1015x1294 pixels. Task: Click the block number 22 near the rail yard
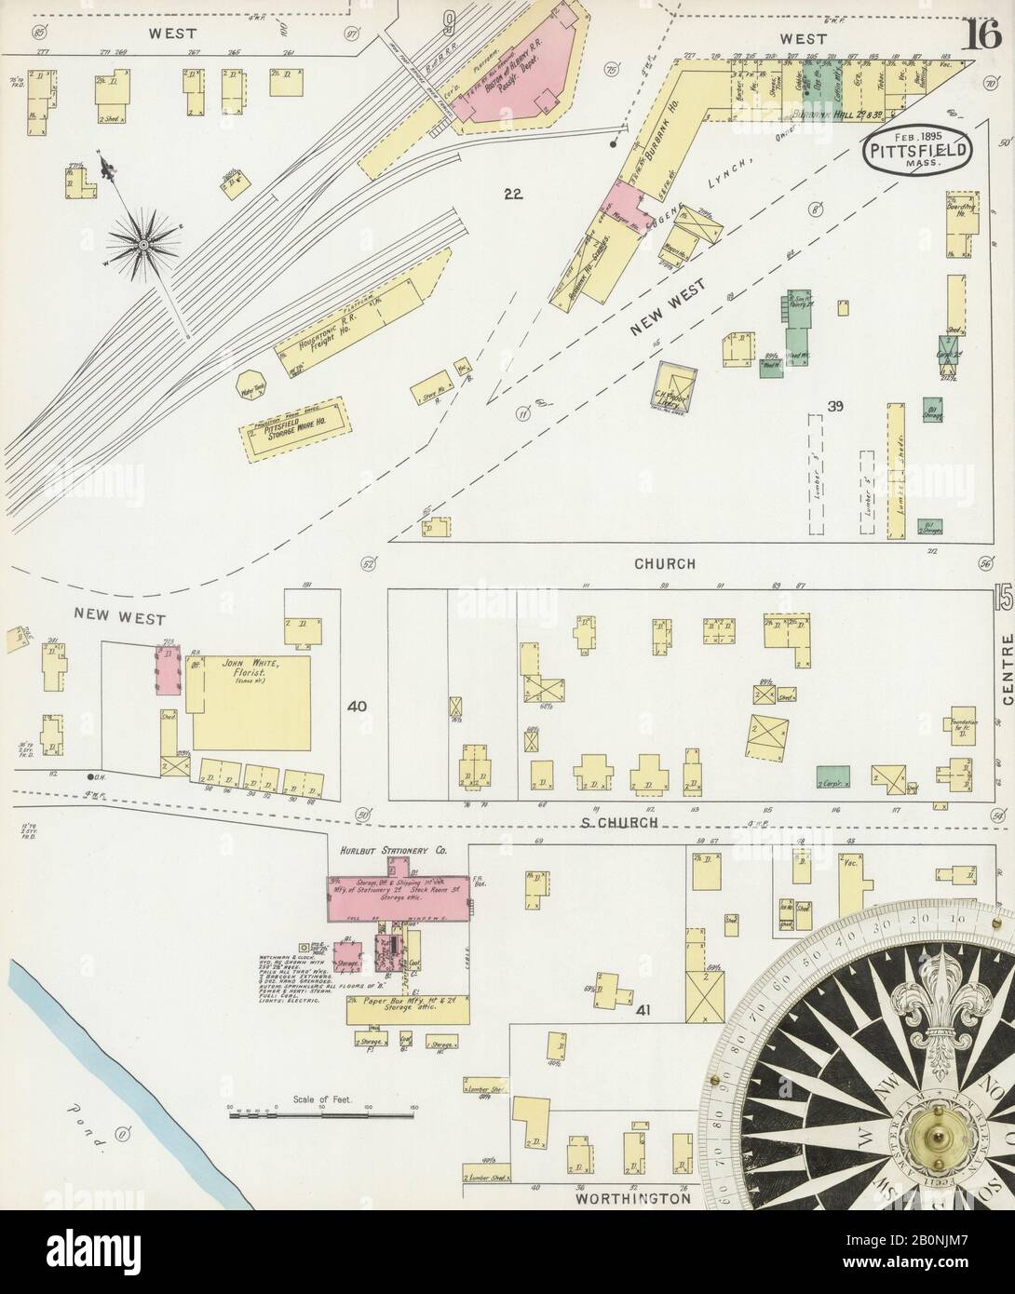click(511, 195)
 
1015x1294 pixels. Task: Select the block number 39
click(834, 405)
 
